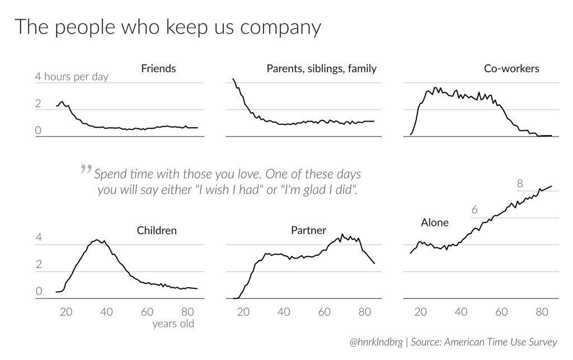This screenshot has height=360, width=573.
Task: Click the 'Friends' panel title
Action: click(158, 69)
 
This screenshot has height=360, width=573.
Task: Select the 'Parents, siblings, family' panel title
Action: click(321, 69)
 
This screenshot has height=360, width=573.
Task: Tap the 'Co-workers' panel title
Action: click(511, 69)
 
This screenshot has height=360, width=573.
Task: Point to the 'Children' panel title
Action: click(157, 230)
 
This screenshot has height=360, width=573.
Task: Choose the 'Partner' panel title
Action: click(308, 230)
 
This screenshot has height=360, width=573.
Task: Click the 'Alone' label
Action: click(435, 223)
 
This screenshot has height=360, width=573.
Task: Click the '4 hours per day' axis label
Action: click(72, 77)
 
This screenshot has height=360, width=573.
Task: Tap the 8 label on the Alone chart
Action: click(520, 184)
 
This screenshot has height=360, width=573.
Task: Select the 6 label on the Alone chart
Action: click(475, 211)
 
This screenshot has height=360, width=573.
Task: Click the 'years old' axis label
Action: click(173, 324)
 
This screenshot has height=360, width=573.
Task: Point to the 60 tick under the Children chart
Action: click(147, 311)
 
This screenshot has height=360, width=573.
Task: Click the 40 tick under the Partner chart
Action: click(284, 311)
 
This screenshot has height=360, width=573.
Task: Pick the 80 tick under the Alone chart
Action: click(542, 311)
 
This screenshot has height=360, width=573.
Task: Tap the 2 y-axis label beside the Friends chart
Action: click(38, 104)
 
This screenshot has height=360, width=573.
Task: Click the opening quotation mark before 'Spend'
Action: click(86, 169)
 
